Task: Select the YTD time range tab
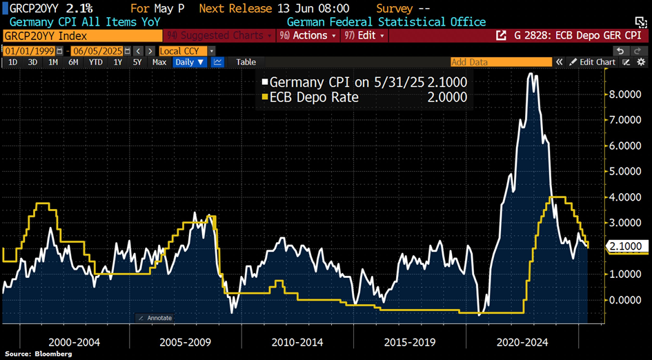pos(96,62)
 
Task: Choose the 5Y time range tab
pos(137,62)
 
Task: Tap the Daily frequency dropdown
pos(190,62)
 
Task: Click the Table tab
pos(246,62)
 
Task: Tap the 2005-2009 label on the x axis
pos(186,342)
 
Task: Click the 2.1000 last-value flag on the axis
pos(626,246)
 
